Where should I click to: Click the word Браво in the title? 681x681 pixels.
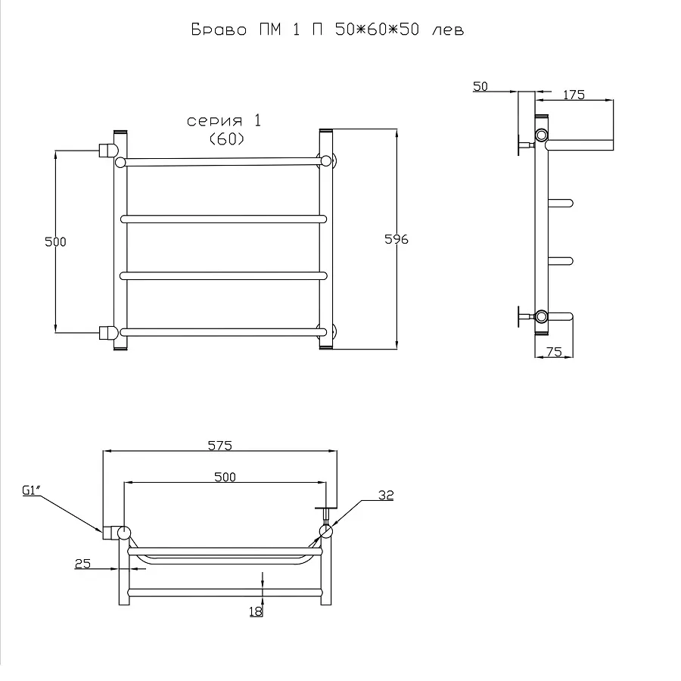(219, 30)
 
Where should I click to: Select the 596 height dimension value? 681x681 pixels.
(396, 239)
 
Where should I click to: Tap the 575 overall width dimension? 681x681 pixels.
(220, 446)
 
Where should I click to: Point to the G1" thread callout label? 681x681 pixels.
(31, 491)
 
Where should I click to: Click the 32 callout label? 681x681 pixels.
(386, 495)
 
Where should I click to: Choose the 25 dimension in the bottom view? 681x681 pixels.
(83, 564)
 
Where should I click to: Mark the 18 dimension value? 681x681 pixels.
(257, 611)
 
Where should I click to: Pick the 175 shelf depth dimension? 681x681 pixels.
(574, 95)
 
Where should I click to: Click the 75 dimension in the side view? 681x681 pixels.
(554, 352)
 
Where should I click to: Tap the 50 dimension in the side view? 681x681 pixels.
(480, 86)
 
